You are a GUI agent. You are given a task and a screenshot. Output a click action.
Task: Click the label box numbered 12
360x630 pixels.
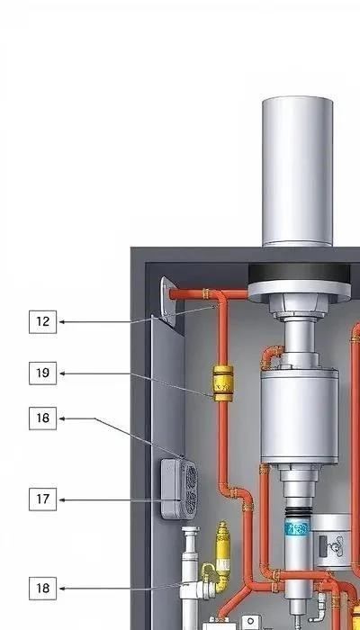pos(42,322)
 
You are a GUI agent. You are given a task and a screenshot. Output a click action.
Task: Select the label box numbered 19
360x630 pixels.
pos(42,373)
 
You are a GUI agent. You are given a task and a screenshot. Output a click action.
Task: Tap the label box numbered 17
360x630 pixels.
pos(42,499)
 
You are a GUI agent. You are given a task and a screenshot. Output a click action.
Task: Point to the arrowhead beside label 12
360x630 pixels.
pos(62,322)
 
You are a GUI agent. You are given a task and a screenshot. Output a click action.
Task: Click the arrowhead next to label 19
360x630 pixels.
pos(62,373)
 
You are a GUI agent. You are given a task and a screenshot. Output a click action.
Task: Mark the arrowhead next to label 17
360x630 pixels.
pos(62,500)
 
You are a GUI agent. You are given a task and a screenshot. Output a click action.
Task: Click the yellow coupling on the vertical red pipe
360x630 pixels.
pos(223,383)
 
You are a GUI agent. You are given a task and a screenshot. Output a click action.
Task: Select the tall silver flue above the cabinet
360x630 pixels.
pos(297,171)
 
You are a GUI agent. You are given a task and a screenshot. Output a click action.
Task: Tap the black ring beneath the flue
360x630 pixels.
pos(299,274)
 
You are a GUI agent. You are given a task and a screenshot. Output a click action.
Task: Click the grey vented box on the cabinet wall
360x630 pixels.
pos(179,489)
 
